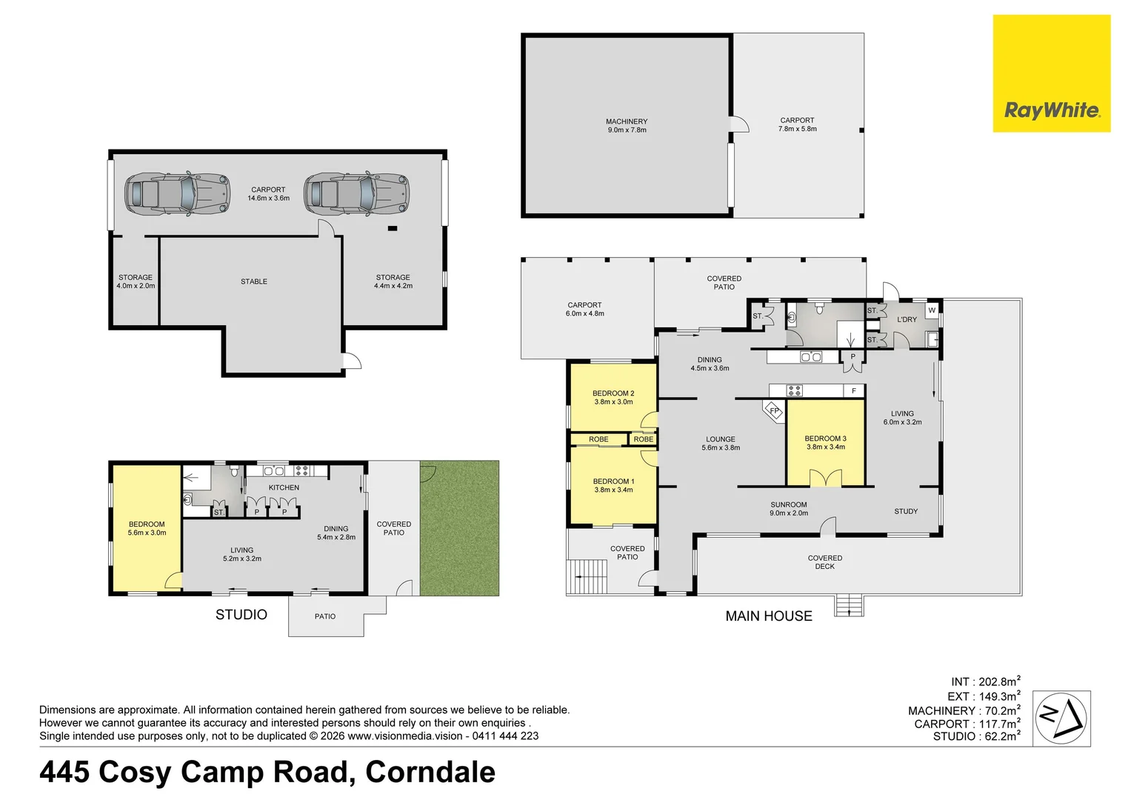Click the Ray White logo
click(x=1051, y=74)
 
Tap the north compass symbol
click(x=1061, y=718)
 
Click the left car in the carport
click(x=178, y=194)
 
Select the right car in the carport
click(x=356, y=194)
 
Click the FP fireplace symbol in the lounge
click(x=773, y=410)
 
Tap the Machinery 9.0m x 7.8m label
click(x=627, y=125)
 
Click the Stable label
click(x=254, y=281)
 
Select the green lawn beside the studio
click(x=459, y=527)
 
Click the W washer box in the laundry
click(x=932, y=310)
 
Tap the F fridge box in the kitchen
click(x=854, y=390)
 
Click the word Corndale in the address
click(x=430, y=772)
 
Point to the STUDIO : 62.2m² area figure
click(x=976, y=736)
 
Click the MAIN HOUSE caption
click(x=769, y=616)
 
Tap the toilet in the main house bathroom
click(x=820, y=307)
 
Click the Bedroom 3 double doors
click(x=826, y=478)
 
